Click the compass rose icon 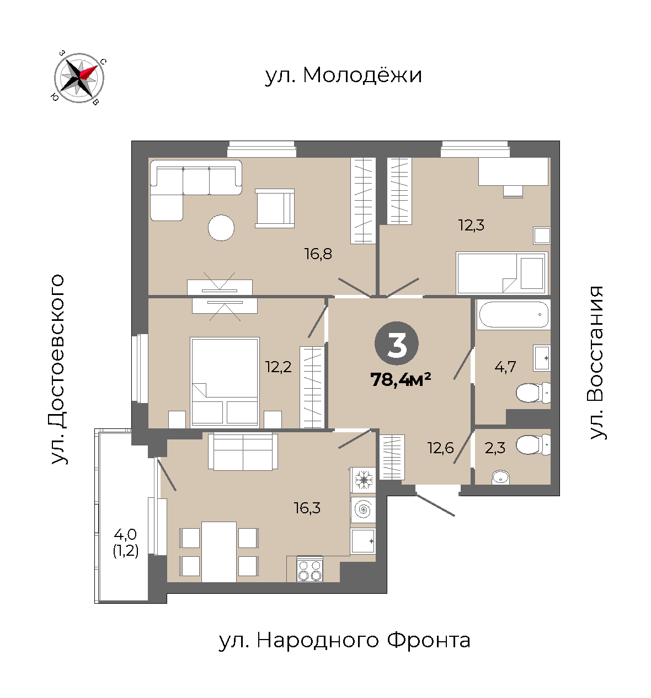coord(79,78)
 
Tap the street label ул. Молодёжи coord(343,75)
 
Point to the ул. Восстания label coord(596,362)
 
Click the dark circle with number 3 coord(397,343)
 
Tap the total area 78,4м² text coord(401,379)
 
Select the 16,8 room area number coord(318,254)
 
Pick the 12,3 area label coord(471,224)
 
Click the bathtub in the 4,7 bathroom coord(513,315)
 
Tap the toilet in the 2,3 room coord(533,444)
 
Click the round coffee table coord(221,228)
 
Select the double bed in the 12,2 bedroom coord(225,383)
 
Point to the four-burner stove coord(310,568)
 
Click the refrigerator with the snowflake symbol coord(364,480)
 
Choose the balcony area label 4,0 coord(125,535)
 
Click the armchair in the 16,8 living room coord(275,208)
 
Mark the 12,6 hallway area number coord(440,448)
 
